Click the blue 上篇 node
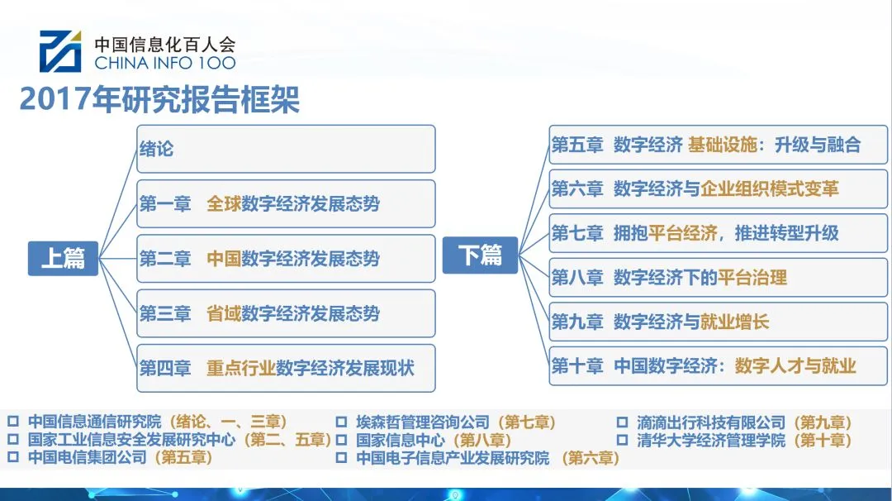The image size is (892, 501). [x=63, y=257]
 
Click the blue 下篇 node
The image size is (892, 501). [x=480, y=255]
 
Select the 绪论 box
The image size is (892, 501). [x=286, y=149]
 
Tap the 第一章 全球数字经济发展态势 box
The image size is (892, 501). [x=286, y=203]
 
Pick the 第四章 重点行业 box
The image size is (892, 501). [x=286, y=368]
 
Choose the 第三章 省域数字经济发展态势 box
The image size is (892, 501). [x=286, y=313]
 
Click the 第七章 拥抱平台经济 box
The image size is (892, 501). [x=718, y=233]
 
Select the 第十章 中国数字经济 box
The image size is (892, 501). [x=718, y=365]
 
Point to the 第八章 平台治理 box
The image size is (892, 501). [x=718, y=278]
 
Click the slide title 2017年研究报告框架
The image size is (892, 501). [x=159, y=100]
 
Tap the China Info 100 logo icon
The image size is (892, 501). [x=60, y=50]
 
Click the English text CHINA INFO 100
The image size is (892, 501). [x=165, y=63]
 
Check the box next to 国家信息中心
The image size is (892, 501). [x=341, y=441]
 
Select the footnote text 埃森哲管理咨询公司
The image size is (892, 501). [x=423, y=422]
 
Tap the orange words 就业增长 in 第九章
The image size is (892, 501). [x=734, y=322]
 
